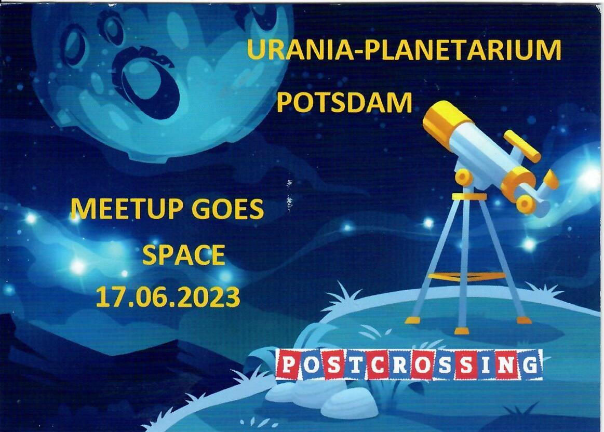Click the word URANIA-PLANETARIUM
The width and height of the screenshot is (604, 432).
point(404,50)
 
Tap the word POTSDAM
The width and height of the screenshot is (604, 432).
point(344,103)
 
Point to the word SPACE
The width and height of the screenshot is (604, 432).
point(184,255)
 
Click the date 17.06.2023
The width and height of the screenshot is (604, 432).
point(168,297)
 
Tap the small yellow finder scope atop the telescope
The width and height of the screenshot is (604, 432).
point(522,146)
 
